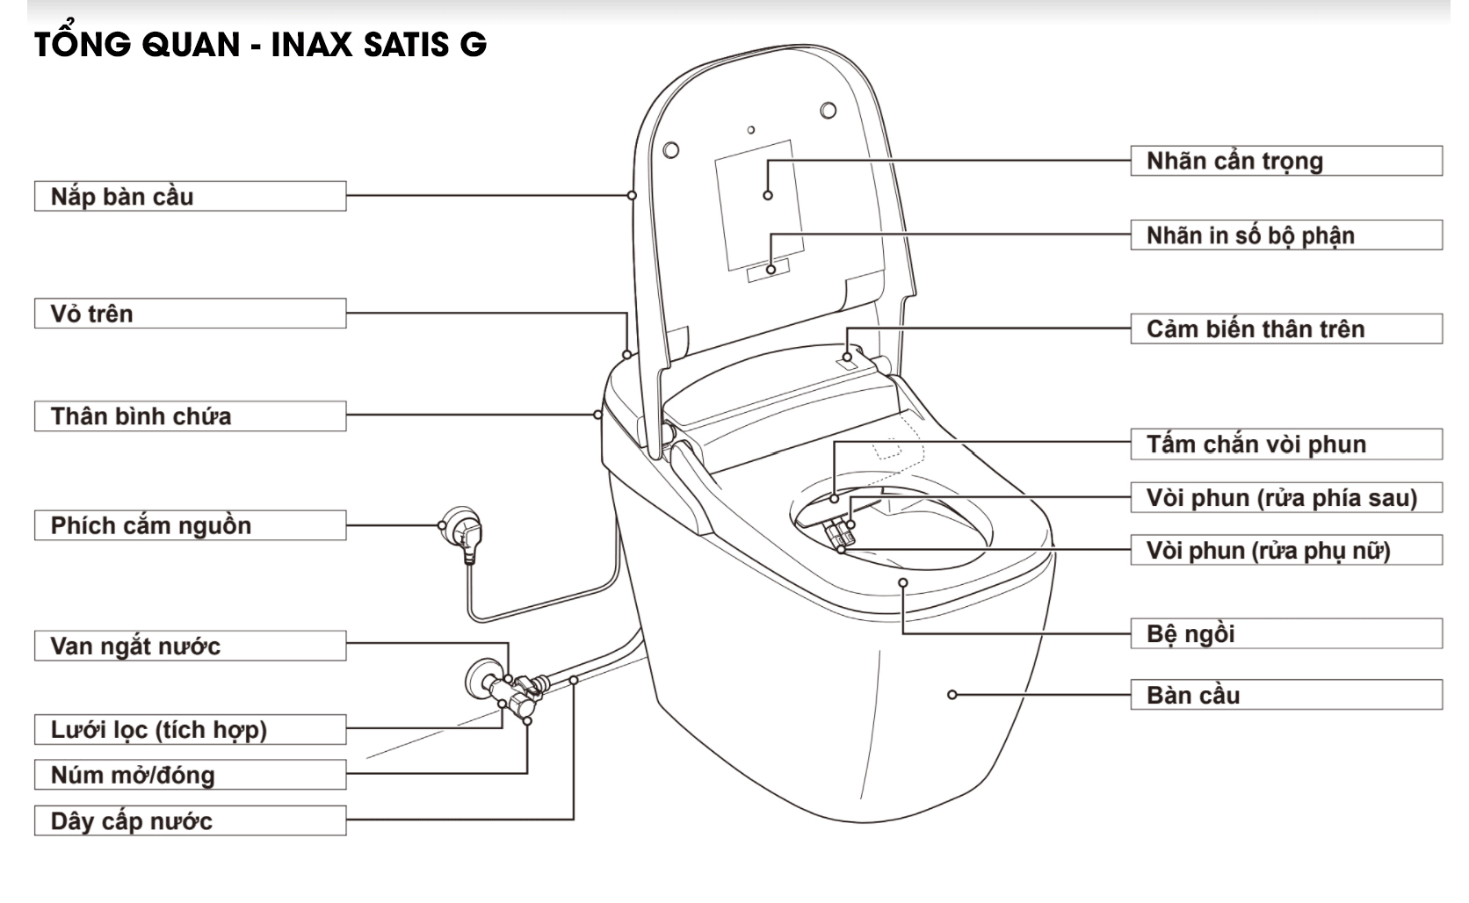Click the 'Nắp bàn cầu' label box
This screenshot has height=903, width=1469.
tap(190, 196)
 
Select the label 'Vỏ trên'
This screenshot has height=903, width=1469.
tap(190, 314)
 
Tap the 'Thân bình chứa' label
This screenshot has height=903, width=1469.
tap(190, 415)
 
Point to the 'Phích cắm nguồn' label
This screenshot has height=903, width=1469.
tap(190, 525)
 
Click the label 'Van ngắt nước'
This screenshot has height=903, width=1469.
tap(190, 646)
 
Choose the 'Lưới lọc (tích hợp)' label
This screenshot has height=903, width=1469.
tap(190, 729)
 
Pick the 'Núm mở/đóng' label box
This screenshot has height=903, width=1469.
tap(190, 775)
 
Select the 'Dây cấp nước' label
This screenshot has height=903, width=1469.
tap(190, 821)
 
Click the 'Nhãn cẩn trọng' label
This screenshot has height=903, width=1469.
tap(1285, 161)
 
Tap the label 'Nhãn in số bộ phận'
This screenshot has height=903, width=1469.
tap(1285, 235)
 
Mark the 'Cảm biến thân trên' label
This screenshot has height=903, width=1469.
tap(1285, 329)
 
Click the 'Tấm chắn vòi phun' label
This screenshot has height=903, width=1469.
tap(1285, 444)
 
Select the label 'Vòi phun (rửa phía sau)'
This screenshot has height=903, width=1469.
tap(1285, 498)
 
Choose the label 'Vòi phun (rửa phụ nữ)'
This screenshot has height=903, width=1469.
tap(1285, 551)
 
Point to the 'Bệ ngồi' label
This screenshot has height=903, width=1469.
tap(1285, 633)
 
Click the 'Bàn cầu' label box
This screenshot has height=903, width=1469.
tap(1285, 695)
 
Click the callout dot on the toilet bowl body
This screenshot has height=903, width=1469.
tap(952, 695)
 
